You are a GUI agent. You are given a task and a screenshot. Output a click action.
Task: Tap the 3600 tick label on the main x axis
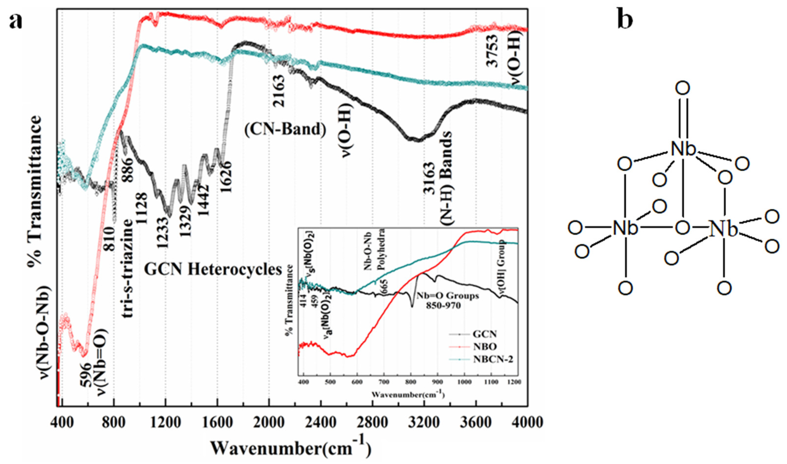[x=476, y=423]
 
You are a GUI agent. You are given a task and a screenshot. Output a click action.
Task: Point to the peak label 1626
[x=226, y=177]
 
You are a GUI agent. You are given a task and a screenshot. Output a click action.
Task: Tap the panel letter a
[x=16, y=21]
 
